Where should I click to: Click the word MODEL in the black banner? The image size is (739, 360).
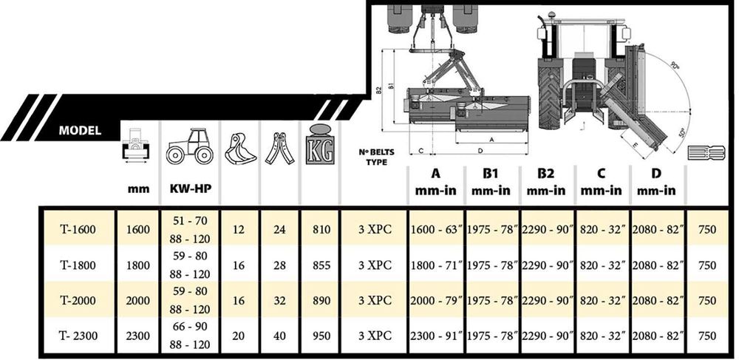point(80,131)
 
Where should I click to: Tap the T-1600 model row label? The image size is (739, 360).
point(78,230)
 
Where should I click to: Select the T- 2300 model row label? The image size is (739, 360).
point(78,336)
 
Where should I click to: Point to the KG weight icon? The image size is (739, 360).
point(320,144)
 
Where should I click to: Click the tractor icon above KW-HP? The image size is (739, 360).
point(189,146)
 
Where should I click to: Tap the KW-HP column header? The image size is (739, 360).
point(190,189)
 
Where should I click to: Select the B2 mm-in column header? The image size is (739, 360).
point(546,182)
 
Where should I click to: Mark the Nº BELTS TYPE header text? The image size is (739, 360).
point(377,157)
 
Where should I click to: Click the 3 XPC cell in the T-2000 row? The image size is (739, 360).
point(375,301)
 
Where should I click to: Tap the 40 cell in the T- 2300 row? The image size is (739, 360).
point(280,336)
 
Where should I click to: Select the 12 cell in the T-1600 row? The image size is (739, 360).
point(239,230)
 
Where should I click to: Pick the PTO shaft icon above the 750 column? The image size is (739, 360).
point(706,153)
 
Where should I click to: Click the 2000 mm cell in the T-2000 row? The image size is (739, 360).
point(139,301)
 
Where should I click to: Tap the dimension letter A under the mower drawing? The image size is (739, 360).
point(491,140)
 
